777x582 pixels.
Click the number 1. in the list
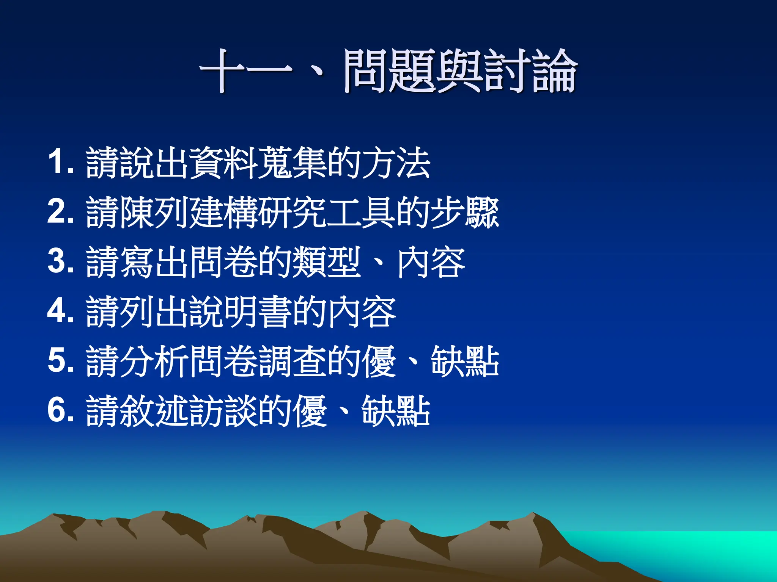61,162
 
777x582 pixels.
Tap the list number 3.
61,261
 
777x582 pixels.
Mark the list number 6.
61,410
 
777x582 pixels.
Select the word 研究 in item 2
292,212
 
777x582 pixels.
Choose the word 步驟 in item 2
464,212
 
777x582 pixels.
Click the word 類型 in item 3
327,262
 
